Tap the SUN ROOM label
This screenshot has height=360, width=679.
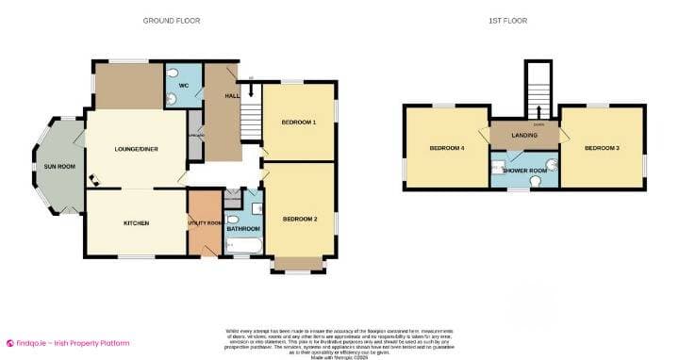coord(58,167)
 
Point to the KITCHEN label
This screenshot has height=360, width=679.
coord(138,223)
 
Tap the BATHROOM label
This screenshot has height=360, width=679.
coord(243,228)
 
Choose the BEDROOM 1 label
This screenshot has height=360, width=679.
coord(299,123)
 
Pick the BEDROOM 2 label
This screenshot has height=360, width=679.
coord(299,220)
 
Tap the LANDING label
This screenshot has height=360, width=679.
coord(524,136)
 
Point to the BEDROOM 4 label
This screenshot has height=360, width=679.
coord(446,148)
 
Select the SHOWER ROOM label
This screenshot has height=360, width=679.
coord(525,171)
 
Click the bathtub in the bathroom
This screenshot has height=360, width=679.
coord(245,247)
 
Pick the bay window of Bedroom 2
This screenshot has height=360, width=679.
coord(297,267)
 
